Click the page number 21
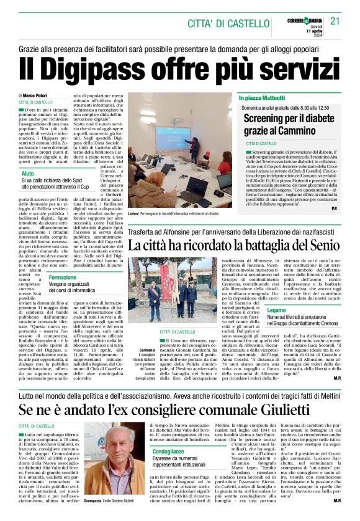(335, 21)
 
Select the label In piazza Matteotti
(263, 98)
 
